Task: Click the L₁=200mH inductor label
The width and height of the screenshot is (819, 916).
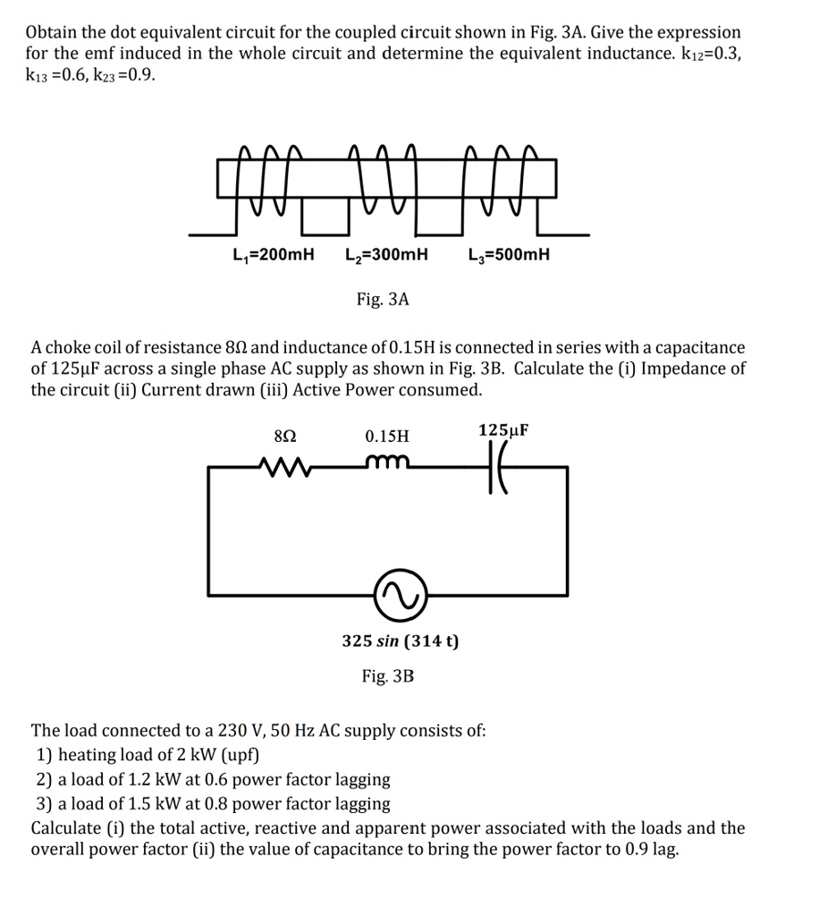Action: point(273,255)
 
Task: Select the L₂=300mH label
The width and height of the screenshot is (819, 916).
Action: point(386,255)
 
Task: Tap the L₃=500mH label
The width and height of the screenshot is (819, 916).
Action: point(509,255)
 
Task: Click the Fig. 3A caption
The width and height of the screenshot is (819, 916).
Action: point(382,300)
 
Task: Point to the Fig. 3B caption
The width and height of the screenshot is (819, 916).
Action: point(388,676)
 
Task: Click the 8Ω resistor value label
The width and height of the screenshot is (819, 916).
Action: point(283,437)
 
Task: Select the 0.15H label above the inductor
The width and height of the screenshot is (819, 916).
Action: point(387,437)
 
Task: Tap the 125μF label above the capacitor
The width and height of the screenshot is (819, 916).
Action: point(503,430)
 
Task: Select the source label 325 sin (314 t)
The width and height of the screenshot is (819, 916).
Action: point(401,641)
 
